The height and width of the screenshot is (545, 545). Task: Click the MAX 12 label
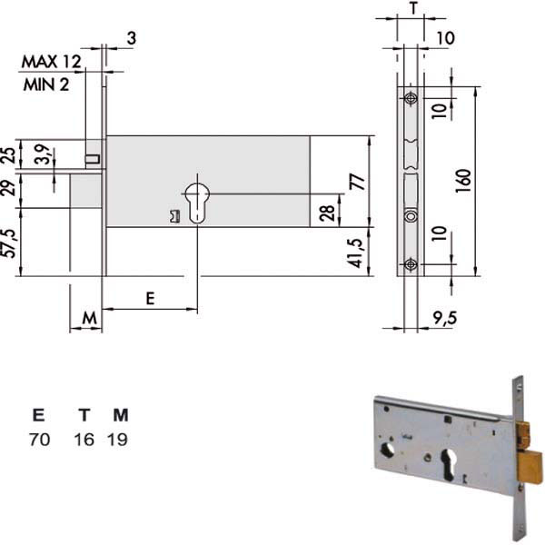[51, 62]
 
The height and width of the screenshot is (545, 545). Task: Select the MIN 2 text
[46, 84]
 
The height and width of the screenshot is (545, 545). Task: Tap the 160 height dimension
[463, 181]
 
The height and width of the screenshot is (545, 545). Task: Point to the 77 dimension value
[359, 183]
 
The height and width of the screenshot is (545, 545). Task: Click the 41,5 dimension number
[357, 253]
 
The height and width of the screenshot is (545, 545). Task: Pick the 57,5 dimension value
[9, 243]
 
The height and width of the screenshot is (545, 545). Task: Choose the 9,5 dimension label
[445, 318]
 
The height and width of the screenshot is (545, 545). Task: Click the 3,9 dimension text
[43, 154]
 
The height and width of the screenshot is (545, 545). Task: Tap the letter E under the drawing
[150, 299]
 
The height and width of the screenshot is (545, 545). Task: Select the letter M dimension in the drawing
[90, 318]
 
